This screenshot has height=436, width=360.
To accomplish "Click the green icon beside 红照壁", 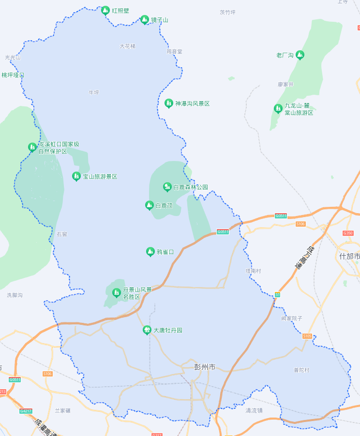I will [105, 10].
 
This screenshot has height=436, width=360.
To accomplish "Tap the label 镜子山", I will [160, 20].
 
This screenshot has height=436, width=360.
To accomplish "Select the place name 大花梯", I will [128, 46].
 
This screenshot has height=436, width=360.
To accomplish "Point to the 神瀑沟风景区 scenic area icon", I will [168, 103].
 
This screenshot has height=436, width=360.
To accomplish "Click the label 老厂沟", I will [285, 55].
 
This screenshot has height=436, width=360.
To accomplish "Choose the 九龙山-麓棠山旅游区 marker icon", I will [278, 108].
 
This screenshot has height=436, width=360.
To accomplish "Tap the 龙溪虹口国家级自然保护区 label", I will [59, 147].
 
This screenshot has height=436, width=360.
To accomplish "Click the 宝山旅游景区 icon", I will [76, 176].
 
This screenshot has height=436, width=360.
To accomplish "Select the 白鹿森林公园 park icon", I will [167, 187].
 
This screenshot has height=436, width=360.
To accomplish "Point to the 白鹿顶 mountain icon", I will [150, 205].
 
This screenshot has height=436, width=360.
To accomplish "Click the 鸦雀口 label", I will [165, 252].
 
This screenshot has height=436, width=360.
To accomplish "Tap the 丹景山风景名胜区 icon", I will [116, 292].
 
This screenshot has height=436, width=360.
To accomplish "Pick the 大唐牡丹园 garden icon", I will [147, 330].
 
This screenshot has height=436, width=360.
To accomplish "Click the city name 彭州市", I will [205, 366].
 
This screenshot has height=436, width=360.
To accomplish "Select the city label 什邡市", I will [349, 256].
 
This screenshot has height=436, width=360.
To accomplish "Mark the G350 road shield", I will [347, 233].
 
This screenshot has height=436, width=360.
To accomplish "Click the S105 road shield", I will [307, 336].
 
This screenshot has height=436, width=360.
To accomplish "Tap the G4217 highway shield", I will [26, 411].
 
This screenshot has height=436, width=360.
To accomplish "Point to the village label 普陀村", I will [301, 370].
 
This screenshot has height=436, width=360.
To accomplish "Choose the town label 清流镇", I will [254, 410].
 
